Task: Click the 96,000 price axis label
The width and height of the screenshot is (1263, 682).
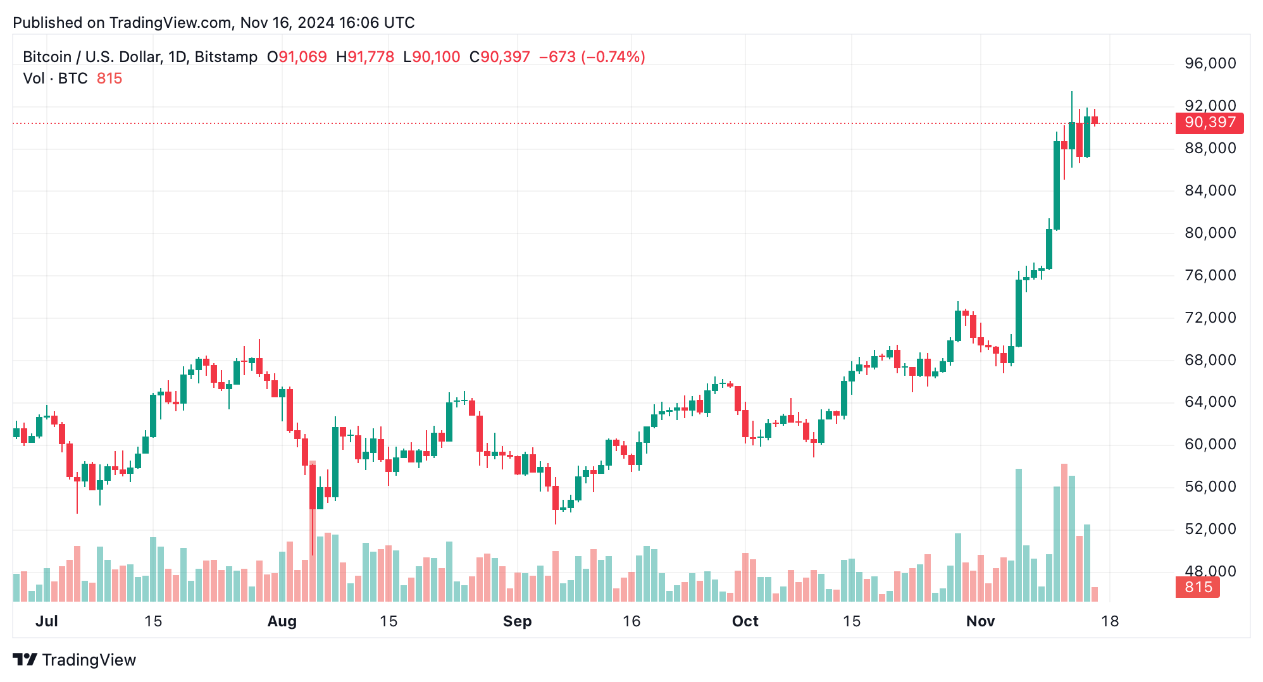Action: (x=1210, y=63)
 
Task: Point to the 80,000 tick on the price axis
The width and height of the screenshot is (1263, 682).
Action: (x=1210, y=233)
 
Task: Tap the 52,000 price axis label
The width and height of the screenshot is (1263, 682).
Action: (x=1210, y=529)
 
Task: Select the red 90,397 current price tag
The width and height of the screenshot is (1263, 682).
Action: (x=1209, y=123)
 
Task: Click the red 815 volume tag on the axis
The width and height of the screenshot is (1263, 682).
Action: (x=1198, y=587)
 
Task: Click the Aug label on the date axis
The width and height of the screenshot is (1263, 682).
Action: (x=282, y=621)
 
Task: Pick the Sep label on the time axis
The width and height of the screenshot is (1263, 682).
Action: (x=517, y=621)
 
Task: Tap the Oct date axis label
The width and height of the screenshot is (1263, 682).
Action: (x=745, y=621)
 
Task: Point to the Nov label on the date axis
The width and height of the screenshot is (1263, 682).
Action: (x=980, y=621)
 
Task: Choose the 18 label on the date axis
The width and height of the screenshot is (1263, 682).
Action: (x=1110, y=621)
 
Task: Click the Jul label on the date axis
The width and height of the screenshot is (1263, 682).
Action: (x=47, y=621)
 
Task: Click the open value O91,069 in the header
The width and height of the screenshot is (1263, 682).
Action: (x=297, y=57)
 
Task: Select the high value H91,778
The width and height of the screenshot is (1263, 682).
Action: (x=365, y=57)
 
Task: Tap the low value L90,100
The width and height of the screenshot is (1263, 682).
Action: (x=432, y=57)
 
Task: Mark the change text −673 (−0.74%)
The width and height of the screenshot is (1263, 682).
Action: (x=592, y=57)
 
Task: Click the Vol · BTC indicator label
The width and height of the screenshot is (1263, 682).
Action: (x=55, y=78)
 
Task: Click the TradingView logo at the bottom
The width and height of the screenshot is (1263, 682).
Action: (x=75, y=660)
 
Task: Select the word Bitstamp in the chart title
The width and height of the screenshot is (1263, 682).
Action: (x=226, y=57)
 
